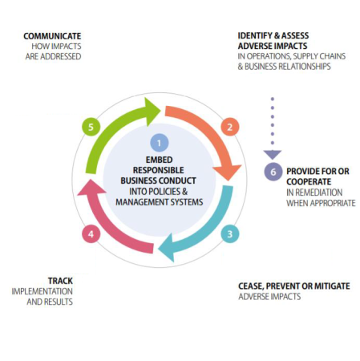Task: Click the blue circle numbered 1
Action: pos(160,143)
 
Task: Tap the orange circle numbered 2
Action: pos(230,127)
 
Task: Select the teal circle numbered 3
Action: pos(230,234)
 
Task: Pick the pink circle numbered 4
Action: pos(91,234)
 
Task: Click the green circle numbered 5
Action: pos(91,127)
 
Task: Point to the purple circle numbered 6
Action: pos(273,172)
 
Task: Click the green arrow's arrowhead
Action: pos(152,112)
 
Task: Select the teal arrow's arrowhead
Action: pos(167,248)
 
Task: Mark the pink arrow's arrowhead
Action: pos(91,187)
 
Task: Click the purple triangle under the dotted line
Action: pos(273,155)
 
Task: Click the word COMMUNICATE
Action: pos(52,36)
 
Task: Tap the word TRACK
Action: pos(60,281)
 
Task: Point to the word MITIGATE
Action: pos(332,286)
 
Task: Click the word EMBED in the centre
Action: pos(159,160)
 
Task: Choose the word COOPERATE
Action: pos(309,182)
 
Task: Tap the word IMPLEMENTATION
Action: pos(42,291)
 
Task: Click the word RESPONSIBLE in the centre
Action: pos(159,170)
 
